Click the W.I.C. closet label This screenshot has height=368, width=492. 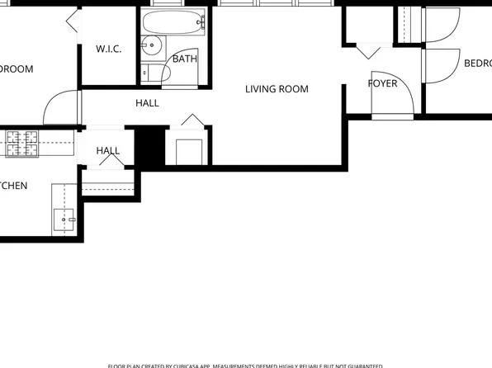(108, 50)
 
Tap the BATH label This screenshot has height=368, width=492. (185, 59)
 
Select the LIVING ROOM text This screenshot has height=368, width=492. (277, 88)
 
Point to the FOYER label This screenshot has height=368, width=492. (382, 83)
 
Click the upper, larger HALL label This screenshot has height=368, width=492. (147, 103)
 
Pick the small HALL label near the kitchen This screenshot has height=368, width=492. (107, 151)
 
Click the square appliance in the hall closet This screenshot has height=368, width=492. (190, 152)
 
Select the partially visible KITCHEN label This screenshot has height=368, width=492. (13, 186)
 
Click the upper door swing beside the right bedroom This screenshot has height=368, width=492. (435, 26)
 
